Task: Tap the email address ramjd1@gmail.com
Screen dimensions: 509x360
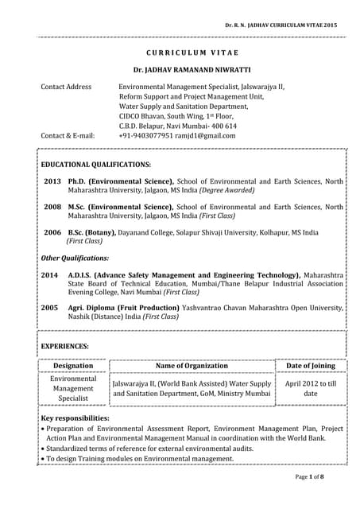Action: [x=207, y=136]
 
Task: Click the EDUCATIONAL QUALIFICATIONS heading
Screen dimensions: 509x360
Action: [x=95, y=164]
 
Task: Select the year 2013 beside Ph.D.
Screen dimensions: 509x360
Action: [x=52, y=182]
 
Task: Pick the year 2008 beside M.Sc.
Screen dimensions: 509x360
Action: [x=52, y=207]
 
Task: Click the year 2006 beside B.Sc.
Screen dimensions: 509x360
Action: [x=52, y=232]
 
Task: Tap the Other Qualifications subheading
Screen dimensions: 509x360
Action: [x=75, y=258]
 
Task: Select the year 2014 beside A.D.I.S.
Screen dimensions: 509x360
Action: [x=49, y=275]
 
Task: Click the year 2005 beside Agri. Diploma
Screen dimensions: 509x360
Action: [x=49, y=306]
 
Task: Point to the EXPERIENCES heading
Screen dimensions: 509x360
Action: [x=64, y=347]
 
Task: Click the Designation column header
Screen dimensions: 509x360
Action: [x=73, y=366]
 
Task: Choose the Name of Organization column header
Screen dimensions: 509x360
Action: [x=192, y=366]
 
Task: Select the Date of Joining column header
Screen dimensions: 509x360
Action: [x=310, y=366]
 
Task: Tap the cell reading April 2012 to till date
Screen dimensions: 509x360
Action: [x=310, y=388]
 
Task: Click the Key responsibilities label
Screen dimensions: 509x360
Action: [x=75, y=418]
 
